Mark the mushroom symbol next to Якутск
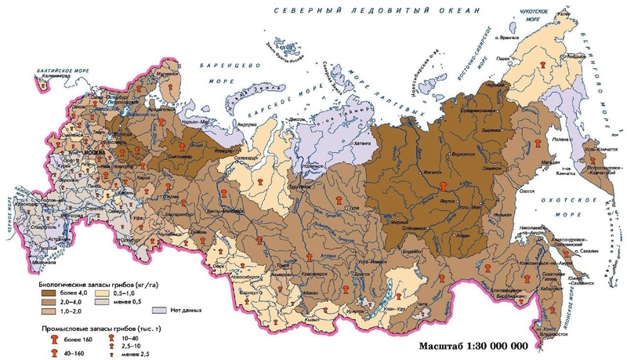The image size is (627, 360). tap(444, 186)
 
